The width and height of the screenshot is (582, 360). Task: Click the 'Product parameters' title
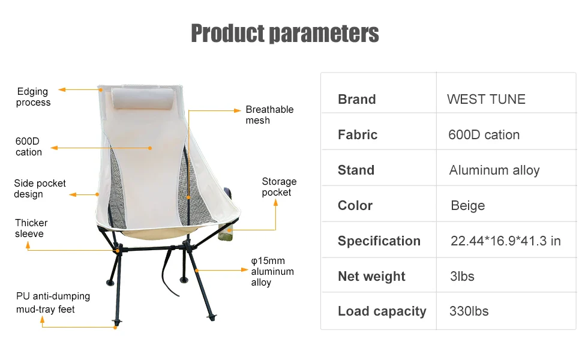point(285,33)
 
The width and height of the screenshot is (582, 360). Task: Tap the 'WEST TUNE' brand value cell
point(486,100)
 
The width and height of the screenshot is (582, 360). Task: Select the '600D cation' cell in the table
point(484,135)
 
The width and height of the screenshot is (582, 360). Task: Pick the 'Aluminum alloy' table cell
point(494,170)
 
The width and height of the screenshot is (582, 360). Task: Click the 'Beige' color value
point(467,206)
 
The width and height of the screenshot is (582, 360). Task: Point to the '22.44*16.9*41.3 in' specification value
point(505,241)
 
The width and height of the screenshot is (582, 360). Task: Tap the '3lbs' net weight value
point(461,277)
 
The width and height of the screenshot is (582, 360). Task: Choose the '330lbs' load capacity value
point(469,311)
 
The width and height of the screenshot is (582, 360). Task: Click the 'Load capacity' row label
point(382,311)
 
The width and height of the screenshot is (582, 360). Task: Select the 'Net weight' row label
point(371,277)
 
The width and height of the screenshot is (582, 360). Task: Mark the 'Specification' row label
point(379,241)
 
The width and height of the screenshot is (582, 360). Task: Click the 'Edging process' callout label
point(33,97)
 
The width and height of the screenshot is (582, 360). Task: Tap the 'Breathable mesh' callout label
point(269,115)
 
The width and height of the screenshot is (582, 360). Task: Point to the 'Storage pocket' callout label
point(279,187)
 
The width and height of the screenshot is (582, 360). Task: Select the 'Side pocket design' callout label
point(40,189)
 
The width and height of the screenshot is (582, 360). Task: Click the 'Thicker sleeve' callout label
point(31,229)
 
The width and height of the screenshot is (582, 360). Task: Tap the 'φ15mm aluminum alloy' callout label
point(272,272)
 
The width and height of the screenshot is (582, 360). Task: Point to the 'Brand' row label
point(356,100)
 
